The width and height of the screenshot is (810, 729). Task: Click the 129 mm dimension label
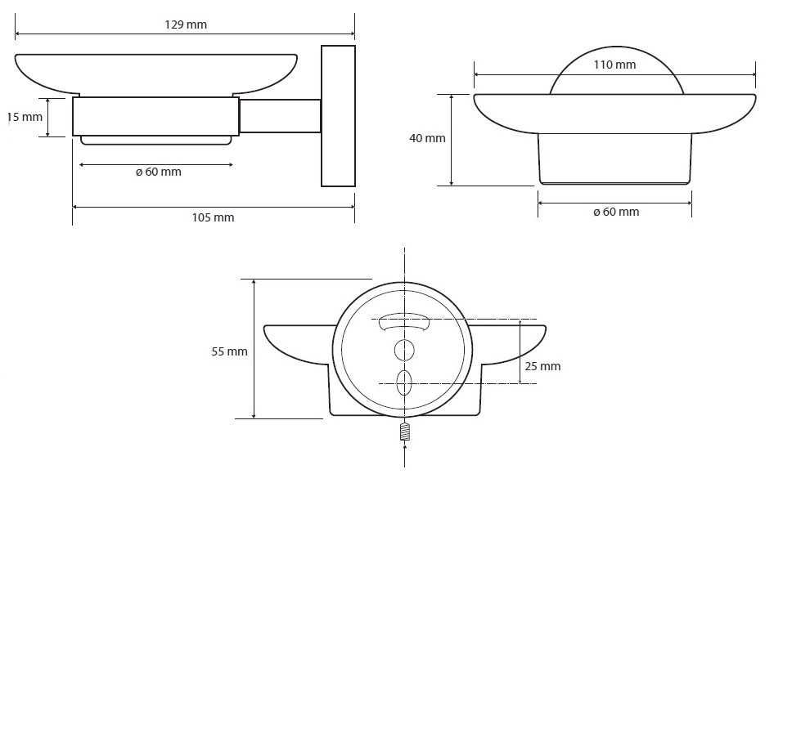coord(186,25)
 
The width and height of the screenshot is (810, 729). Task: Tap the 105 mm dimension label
coord(213,217)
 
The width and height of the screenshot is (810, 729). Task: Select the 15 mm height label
coord(25,117)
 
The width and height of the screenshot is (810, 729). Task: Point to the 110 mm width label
coord(614,65)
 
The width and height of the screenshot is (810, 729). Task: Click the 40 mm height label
coord(427,138)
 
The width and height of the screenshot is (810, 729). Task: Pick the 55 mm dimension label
coord(229,351)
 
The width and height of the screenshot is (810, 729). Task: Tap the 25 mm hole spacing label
coord(542,366)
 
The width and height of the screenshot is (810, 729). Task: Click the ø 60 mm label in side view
coord(159,172)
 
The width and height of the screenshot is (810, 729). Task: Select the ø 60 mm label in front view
coord(616,212)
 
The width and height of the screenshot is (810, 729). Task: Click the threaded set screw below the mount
coord(404,432)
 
